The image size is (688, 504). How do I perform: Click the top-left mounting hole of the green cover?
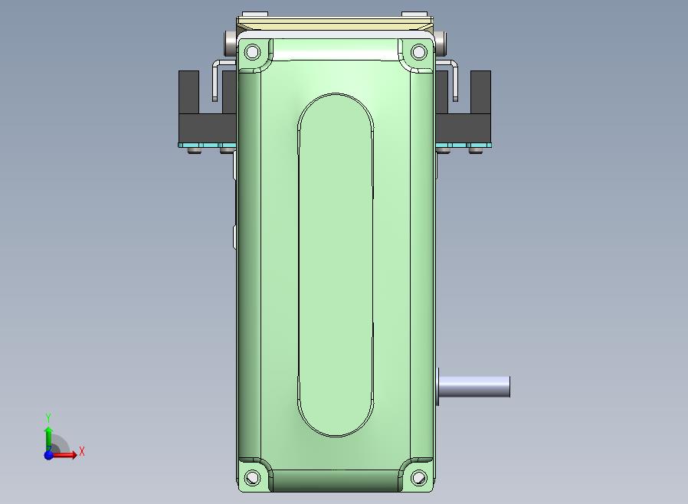click(252, 52)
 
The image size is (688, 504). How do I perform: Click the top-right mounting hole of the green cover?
click(418, 52)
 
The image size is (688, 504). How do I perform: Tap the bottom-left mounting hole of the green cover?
click(252, 477)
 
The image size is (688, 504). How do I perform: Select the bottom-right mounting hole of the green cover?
click(418, 477)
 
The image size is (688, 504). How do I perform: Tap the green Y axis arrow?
click(49, 438)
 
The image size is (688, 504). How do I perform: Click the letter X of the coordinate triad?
click(82, 451)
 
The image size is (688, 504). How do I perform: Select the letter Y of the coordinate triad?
click(48, 417)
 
